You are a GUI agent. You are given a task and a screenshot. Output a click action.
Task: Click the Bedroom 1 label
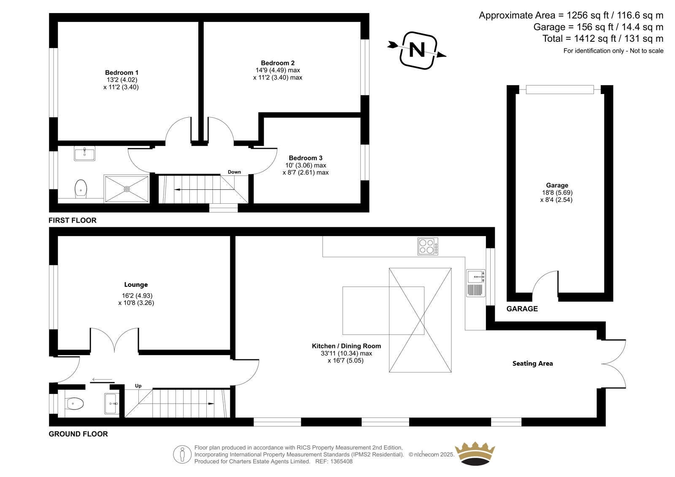click(121, 73)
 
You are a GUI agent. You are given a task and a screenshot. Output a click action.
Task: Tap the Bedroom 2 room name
click(278, 63)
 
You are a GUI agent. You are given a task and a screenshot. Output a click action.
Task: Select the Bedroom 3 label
click(305, 158)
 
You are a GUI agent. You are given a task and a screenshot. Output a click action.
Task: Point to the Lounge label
click(136, 285)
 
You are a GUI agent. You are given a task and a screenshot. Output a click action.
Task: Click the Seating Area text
click(532, 364)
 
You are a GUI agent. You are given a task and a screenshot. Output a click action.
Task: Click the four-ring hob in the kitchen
click(428, 246)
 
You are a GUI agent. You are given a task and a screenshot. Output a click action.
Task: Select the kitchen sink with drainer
click(476, 283)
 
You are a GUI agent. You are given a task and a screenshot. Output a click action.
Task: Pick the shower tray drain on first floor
click(127, 189)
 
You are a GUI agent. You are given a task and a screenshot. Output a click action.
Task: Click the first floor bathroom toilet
click(81, 189)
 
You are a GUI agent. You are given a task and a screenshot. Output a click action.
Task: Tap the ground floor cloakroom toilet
click(74, 404)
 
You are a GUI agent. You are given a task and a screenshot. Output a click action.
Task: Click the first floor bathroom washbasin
click(85, 154)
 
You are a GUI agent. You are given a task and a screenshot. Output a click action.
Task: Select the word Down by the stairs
click(234, 172)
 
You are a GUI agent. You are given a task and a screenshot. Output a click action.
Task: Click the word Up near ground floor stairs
click(138, 386)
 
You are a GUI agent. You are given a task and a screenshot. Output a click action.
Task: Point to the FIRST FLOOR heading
click(73, 220)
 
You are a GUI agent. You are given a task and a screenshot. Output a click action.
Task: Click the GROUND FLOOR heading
click(78, 434)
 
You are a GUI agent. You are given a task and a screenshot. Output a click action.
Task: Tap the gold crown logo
click(475, 453)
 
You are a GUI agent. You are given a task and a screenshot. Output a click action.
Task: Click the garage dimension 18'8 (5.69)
click(556, 193)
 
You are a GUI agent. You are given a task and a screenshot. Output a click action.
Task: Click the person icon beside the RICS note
click(182, 454)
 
